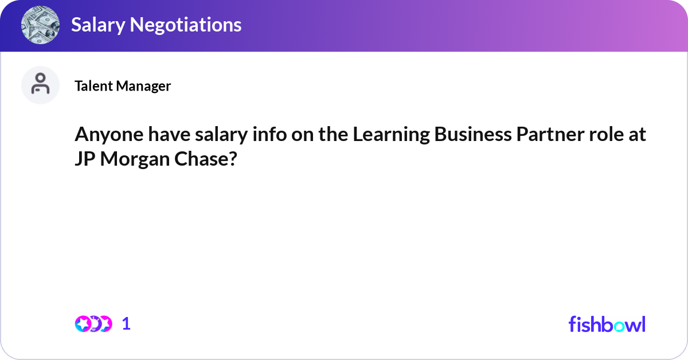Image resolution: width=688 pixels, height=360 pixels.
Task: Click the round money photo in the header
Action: click(x=41, y=25)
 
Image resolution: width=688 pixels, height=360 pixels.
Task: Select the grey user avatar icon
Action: click(x=41, y=85)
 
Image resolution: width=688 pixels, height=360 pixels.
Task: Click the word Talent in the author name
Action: click(x=93, y=86)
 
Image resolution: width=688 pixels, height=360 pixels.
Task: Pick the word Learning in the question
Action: click(x=390, y=136)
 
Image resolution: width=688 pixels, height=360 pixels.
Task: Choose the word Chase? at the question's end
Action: click(x=206, y=160)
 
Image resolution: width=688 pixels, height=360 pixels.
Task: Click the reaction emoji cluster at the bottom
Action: click(x=93, y=324)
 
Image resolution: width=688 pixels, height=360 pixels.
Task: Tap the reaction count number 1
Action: click(x=127, y=324)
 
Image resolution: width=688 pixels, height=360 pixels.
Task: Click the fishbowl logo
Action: click(x=607, y=324)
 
